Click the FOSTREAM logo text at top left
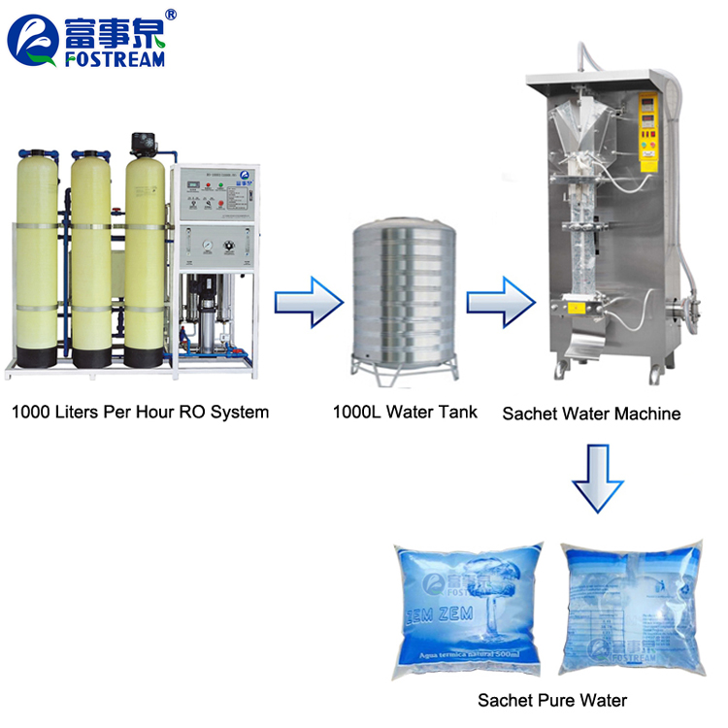pos(115,57)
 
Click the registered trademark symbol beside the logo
pos(172,15)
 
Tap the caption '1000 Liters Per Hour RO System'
pos(140,412)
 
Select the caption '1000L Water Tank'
pos(405,412)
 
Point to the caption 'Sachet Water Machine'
pos(591,414)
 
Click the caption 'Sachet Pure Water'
pos(551,700)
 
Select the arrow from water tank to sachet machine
pos(499,302)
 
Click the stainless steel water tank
pos(403,291)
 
